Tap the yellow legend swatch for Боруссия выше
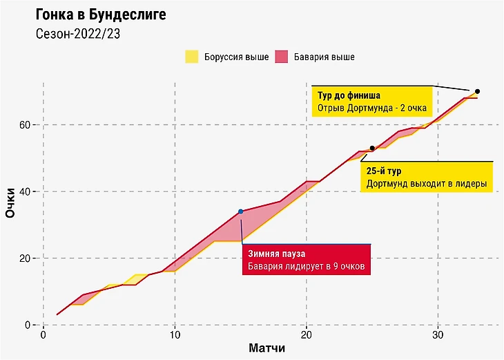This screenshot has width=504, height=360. (x=192, y=57)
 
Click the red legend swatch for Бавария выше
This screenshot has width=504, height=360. (x=282, y=57)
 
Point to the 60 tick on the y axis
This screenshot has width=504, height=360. (x=26, y=124)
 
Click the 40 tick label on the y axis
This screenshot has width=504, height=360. (x=26, y=191)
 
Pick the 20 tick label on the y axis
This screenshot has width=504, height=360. (x=26, y=258)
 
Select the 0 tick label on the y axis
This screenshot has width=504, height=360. (x=29, y=325)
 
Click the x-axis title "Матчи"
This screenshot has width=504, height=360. (x=267, y=349)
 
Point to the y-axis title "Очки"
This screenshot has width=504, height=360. (x=11, y=204)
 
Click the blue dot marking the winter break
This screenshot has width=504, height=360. (x=240, y=211)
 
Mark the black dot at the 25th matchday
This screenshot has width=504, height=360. (x=372, y=148)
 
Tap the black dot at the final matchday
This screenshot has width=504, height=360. (x=477, y=91)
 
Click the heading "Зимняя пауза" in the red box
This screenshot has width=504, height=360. (x=276, y=254)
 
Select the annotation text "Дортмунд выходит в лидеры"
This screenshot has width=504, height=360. (x=426, y=184)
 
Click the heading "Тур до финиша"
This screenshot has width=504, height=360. (x=349, y=95)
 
